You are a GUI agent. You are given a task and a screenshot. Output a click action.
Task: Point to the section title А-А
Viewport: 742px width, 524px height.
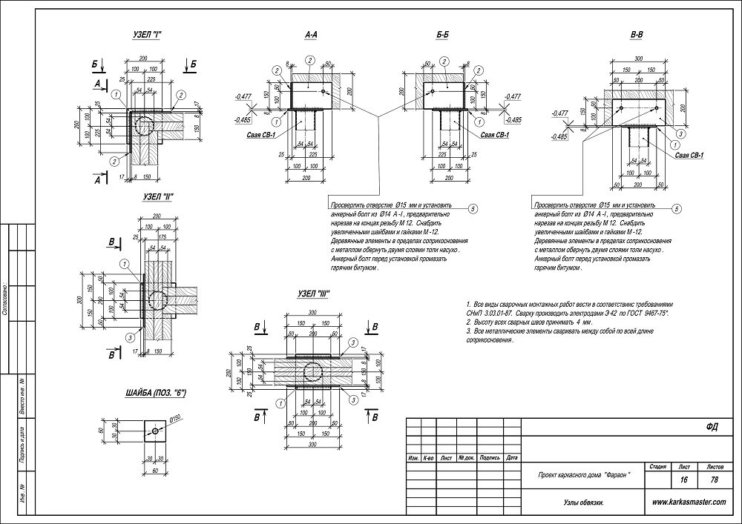pos(312,36)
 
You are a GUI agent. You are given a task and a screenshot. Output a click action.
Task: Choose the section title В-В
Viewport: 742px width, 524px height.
pos(637,36)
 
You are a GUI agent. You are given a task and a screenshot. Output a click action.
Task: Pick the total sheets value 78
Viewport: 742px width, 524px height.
pos(714,480)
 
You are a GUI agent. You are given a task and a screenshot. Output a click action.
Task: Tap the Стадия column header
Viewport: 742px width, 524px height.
pos(657,468)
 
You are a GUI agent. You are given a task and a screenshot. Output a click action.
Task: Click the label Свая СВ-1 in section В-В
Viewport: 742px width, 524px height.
pos(689,154)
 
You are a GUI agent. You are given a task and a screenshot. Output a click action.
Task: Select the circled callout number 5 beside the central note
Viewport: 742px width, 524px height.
pos(473,209)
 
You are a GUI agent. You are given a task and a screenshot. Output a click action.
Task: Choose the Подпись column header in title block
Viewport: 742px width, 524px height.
pos(489,458)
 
